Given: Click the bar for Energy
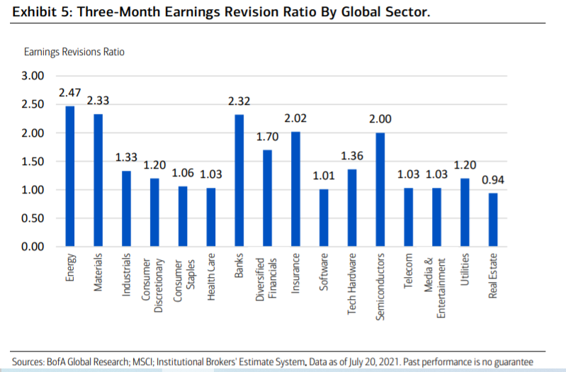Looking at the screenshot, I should (x=70, y=176).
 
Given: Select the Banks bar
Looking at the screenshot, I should (x=239, y=181).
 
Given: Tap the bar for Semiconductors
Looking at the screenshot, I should (x=380, y=190).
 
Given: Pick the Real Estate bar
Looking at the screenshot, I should (x=493, y=220).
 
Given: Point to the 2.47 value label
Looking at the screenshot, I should (x=70, y=93).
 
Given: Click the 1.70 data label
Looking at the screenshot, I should (x=267, y=137).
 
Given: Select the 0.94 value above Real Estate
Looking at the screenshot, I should (x=493, y=180).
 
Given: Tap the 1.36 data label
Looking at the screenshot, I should (x=352, y=156).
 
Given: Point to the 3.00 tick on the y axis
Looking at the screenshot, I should (x=33, y=76).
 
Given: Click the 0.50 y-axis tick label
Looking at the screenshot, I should (x=33, y=218).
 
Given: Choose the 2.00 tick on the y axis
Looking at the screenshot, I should (x=33, y=133).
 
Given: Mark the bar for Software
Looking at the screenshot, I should (x=324, y=218).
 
